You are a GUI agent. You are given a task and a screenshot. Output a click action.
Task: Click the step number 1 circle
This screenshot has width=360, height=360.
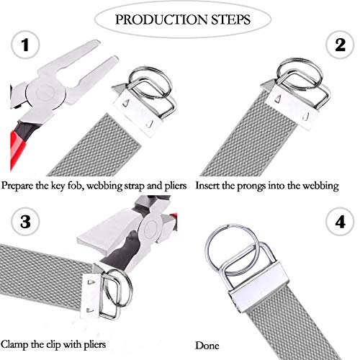point(25,45)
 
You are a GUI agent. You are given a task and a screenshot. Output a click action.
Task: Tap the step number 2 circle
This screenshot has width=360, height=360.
point(340,45)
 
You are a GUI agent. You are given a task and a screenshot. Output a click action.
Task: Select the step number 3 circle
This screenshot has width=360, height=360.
point(25,222)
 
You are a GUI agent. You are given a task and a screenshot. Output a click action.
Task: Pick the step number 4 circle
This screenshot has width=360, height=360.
point(340,222)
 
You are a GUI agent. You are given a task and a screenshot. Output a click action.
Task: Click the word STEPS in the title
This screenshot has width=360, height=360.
point(231,19)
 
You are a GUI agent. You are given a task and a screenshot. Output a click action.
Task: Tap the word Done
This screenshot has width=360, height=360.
point(207,346)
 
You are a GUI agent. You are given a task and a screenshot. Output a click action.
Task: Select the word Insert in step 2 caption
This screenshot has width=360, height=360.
point(207,186)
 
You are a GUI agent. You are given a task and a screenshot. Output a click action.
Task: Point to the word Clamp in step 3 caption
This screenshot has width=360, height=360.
point(14,345)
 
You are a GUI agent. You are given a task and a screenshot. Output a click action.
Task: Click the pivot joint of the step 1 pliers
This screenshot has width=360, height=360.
point(45,93)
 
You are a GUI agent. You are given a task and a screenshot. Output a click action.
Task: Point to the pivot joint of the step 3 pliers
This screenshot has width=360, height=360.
point(150,228)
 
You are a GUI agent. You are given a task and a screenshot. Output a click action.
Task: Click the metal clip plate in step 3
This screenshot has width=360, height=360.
point(92,296)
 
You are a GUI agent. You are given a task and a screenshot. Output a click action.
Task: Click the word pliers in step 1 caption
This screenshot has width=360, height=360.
point(176,186)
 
